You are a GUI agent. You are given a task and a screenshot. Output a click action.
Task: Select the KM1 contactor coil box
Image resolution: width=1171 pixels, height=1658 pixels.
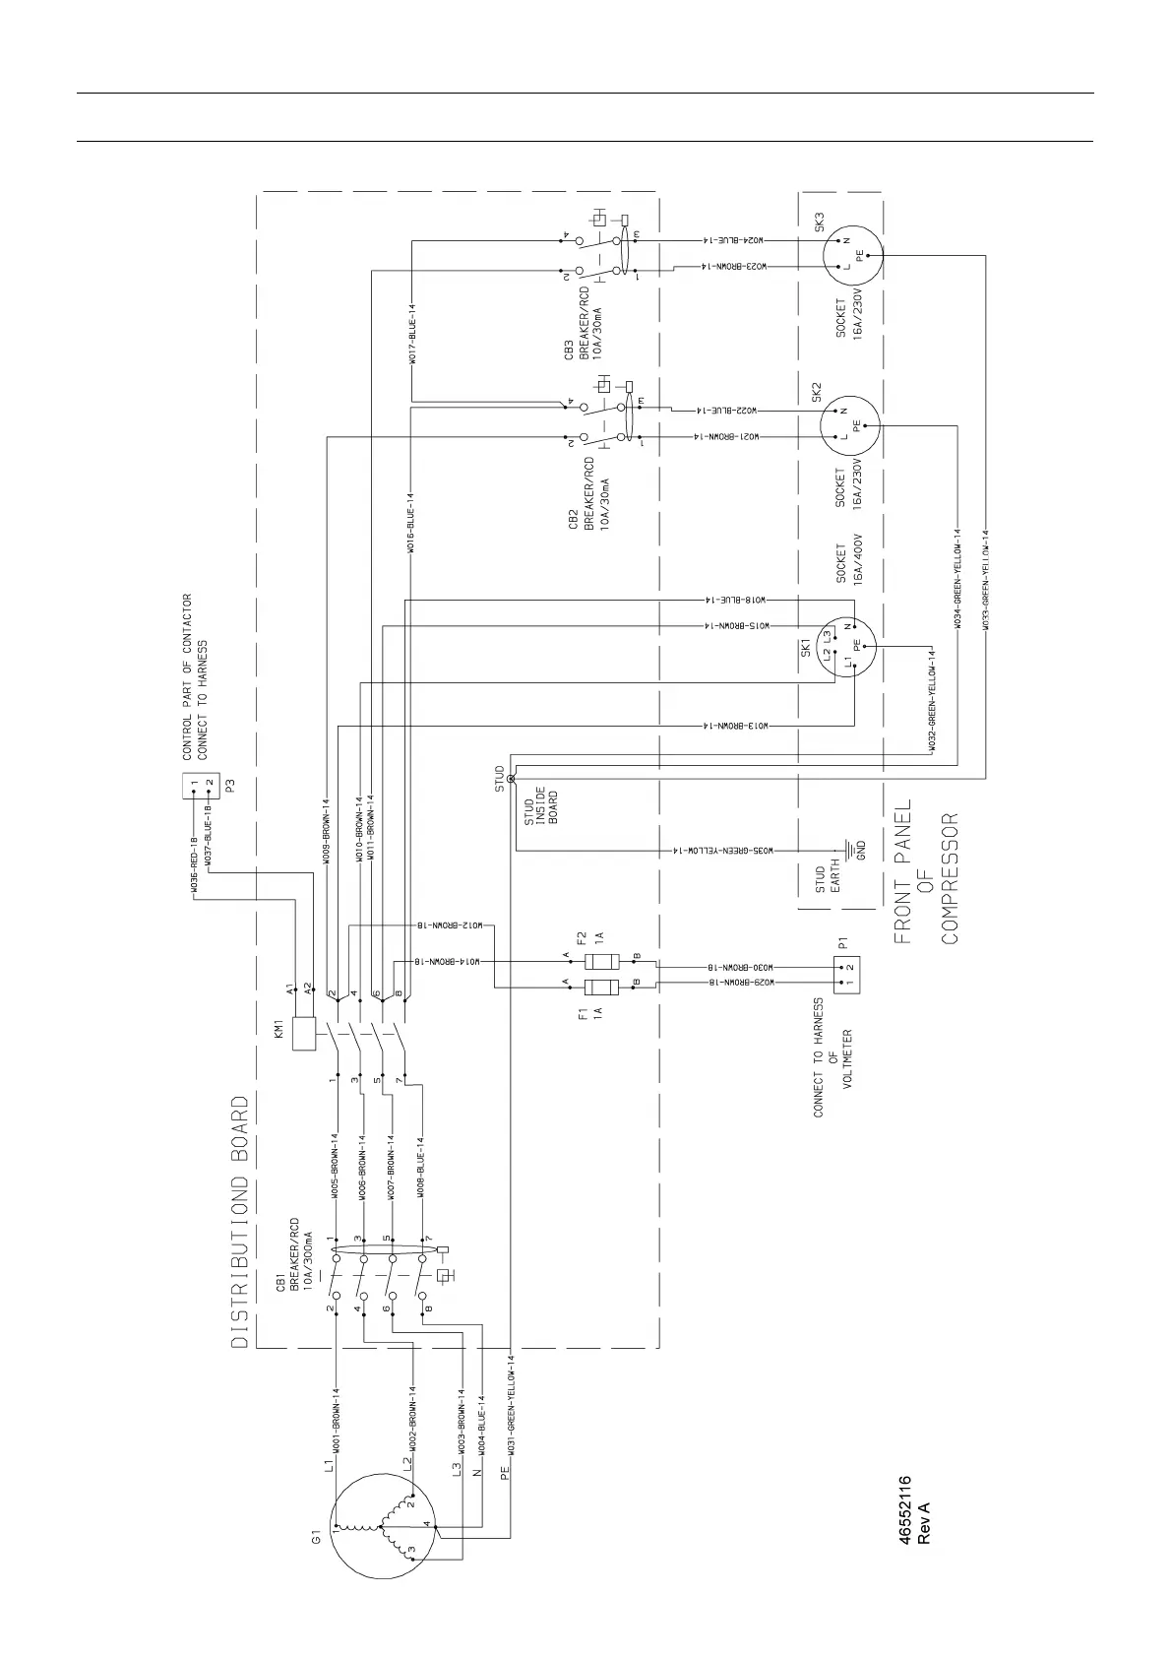click(304, 1034)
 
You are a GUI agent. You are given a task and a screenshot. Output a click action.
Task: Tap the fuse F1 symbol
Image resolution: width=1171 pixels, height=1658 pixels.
click(601, 988)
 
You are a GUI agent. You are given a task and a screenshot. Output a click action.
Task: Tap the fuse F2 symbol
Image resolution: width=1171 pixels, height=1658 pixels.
click(601, 962)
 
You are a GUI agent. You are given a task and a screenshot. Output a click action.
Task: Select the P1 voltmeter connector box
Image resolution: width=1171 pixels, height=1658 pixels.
click(847, 973)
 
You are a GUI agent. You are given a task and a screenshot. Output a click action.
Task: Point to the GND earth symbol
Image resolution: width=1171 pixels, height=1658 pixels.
click(845, 849)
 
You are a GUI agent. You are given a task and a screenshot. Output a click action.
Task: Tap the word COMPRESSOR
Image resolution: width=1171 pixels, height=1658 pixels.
click(949, 877)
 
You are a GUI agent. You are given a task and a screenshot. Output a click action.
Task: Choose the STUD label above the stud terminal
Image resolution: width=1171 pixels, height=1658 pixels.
click(500, 779)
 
